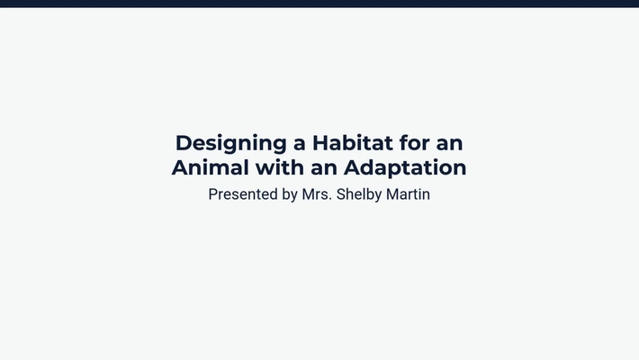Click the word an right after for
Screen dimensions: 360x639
(450, 143)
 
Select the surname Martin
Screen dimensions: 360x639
(409, 194)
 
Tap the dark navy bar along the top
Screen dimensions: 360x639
(319, 4)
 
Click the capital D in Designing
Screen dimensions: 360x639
(183, 143)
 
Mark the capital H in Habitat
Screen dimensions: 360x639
(319, 143)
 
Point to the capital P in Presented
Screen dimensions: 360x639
(213, 194)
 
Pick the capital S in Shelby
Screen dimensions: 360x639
(340, 194)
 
